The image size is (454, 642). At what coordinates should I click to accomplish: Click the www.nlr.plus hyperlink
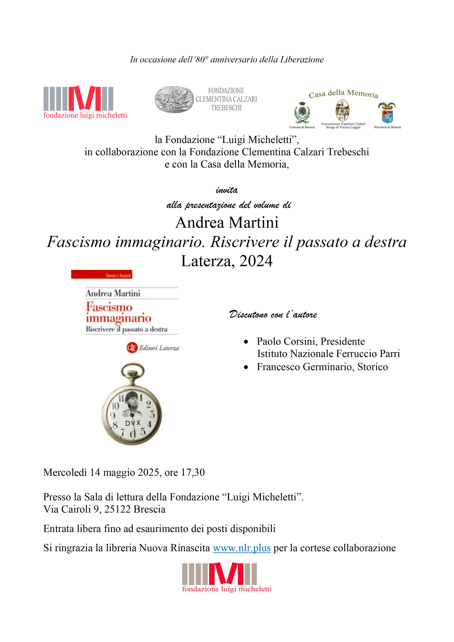point(242,548)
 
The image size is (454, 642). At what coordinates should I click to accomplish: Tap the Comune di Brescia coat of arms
point(302,112)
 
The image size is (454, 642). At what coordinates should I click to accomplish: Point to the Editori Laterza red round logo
point(132,348)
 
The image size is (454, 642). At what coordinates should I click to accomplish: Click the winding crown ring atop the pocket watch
point(133,371)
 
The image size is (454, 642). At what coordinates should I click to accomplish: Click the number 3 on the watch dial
point(152,414)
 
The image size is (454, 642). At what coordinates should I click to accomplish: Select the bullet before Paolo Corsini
point(246,342)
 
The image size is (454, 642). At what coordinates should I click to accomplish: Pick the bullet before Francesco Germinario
point(246,367)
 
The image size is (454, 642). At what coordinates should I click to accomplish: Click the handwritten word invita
point(227,190)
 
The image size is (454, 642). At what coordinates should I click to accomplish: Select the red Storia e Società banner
point(102,275)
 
